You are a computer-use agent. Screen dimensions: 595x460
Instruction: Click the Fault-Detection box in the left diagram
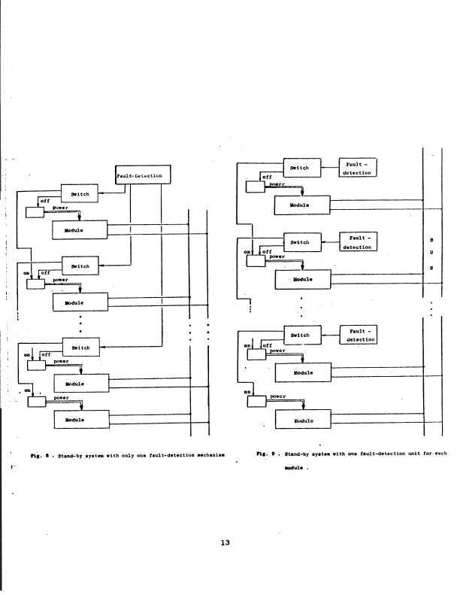point(144,176)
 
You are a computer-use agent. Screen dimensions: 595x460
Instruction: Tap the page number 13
point(225,544)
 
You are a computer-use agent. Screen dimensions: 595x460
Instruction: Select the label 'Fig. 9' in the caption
point(263,454)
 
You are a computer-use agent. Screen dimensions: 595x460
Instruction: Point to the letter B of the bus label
point(431,241)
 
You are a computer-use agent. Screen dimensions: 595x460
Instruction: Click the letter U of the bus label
point(431,253)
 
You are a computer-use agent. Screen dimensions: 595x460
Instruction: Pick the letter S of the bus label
point(431,267)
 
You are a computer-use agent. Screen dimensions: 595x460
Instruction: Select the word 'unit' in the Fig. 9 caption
point(403,454)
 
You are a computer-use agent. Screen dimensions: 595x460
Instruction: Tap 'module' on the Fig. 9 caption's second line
point(293,466)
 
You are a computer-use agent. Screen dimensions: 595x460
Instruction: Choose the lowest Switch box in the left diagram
point(80,348)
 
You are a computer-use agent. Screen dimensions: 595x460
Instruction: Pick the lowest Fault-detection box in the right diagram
point(358,335)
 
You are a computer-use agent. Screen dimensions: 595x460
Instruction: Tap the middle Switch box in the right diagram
point(299,242)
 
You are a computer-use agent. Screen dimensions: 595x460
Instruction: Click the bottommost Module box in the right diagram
point(302,420)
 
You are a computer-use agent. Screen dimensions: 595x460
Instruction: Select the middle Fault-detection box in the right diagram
point(358,242)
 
